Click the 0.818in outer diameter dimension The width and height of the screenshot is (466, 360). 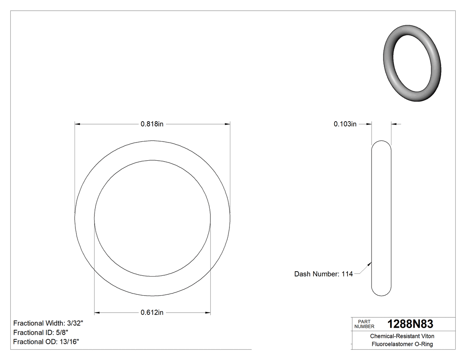tap(152, 124)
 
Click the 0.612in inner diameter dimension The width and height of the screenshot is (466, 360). tap(152, 313)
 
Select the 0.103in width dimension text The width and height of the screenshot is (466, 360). tap(345, 124)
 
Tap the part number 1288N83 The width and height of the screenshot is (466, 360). tap(410, 324)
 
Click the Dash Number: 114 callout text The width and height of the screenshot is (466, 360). tap(323, 274)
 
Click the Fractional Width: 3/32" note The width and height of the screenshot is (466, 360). tap(48, 323)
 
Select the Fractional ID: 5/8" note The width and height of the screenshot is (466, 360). tap(41, 332)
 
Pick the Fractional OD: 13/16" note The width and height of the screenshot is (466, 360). tap(46, 341)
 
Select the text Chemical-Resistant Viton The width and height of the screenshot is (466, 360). tap(402, 336)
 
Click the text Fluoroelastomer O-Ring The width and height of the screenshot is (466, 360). tap(402, 344)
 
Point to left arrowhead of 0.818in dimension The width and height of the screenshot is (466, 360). tap(78, 124)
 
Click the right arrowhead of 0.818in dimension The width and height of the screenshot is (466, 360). tap(227, 124)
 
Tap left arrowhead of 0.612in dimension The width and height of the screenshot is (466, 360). tap(98, 313)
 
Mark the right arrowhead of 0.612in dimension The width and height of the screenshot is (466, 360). tap(207, 313)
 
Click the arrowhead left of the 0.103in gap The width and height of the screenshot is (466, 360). tap(368, 124)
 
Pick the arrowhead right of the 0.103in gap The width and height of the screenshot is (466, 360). tap(394, 124)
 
